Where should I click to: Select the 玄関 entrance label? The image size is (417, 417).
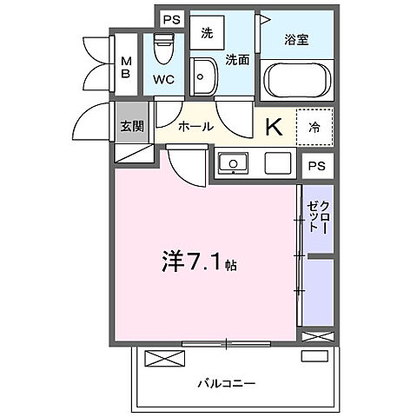click(133, 125)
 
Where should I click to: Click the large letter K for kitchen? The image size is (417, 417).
click(273, 127)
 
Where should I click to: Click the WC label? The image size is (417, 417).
click(164, 78)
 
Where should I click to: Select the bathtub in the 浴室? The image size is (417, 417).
click(298, 81)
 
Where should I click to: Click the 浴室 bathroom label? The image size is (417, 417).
click(297, 39)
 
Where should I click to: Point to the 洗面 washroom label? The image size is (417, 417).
click(237, 59)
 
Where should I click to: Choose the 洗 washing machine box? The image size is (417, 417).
click(208, 34)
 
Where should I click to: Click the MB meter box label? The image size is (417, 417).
click(127, 67)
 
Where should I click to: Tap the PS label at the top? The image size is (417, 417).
click(171, 18)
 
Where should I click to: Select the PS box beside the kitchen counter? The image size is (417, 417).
click(316, 166)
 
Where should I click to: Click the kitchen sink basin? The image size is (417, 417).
click(233, 162)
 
